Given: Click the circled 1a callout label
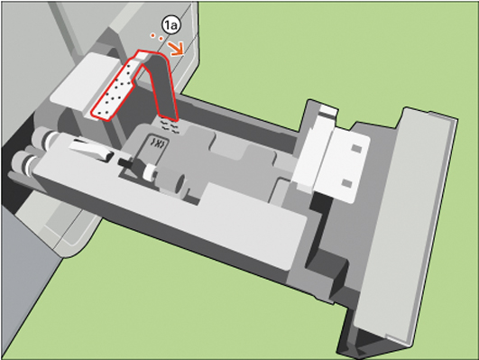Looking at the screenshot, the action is point(171,25).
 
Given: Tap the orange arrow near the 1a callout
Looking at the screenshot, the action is point(175,49).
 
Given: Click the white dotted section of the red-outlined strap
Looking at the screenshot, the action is point(114,91).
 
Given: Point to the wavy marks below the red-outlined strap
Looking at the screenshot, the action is point(169,126).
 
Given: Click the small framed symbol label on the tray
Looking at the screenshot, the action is point(158,143).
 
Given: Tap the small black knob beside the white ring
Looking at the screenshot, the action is point(126,162).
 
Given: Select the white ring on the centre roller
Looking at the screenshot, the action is point(150,172).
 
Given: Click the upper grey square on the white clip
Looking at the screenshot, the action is point(356,149).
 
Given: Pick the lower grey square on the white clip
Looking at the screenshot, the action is point(346,183).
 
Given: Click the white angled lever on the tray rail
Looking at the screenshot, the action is point(90,150).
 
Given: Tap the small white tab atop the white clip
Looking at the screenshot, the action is point(327,110).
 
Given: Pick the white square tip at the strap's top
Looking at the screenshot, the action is point(142,56).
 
